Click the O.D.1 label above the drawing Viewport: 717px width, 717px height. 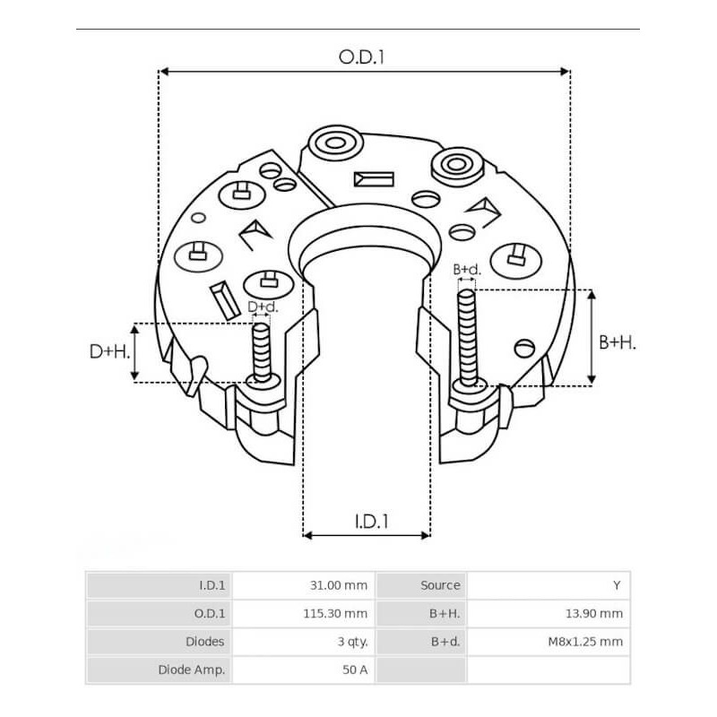tap(361, 57)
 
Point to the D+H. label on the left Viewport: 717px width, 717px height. tap(109, 352)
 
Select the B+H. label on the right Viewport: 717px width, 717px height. tap(617, 342)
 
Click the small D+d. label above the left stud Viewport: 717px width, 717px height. tap(262, 307)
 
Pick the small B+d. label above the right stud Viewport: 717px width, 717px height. tap(467, 269)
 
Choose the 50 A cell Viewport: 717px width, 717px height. tap(357, 669)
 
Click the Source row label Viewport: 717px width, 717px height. tap(440, 585)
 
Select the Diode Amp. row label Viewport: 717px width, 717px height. tap(191, 669)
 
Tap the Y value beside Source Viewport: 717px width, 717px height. tap(617, 585)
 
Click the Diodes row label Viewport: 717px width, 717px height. tap(204, 642)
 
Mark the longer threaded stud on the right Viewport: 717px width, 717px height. tap(466, 336)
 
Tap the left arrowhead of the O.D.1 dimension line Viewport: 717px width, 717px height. tap(164, 70)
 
